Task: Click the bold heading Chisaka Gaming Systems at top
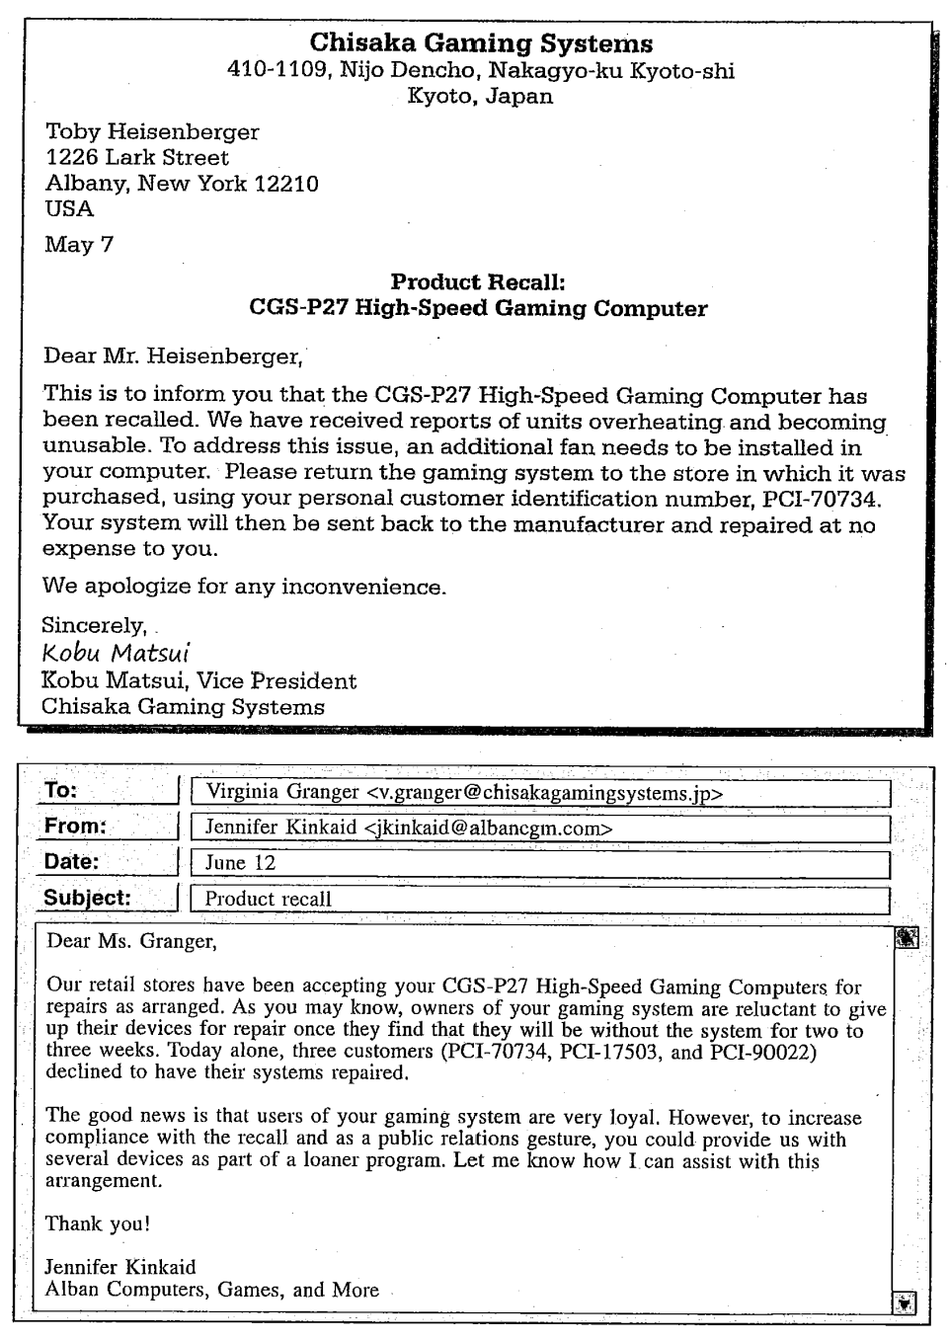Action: (481, 43)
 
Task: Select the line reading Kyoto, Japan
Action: (480, 97)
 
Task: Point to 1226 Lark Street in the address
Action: (137, 158)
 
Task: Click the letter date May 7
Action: (79, 245)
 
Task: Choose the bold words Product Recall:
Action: (478, 282)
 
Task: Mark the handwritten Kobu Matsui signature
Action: (116, 653)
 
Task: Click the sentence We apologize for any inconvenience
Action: (244, 587)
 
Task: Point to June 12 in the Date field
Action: (240, 863)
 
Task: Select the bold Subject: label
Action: (87, 898)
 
